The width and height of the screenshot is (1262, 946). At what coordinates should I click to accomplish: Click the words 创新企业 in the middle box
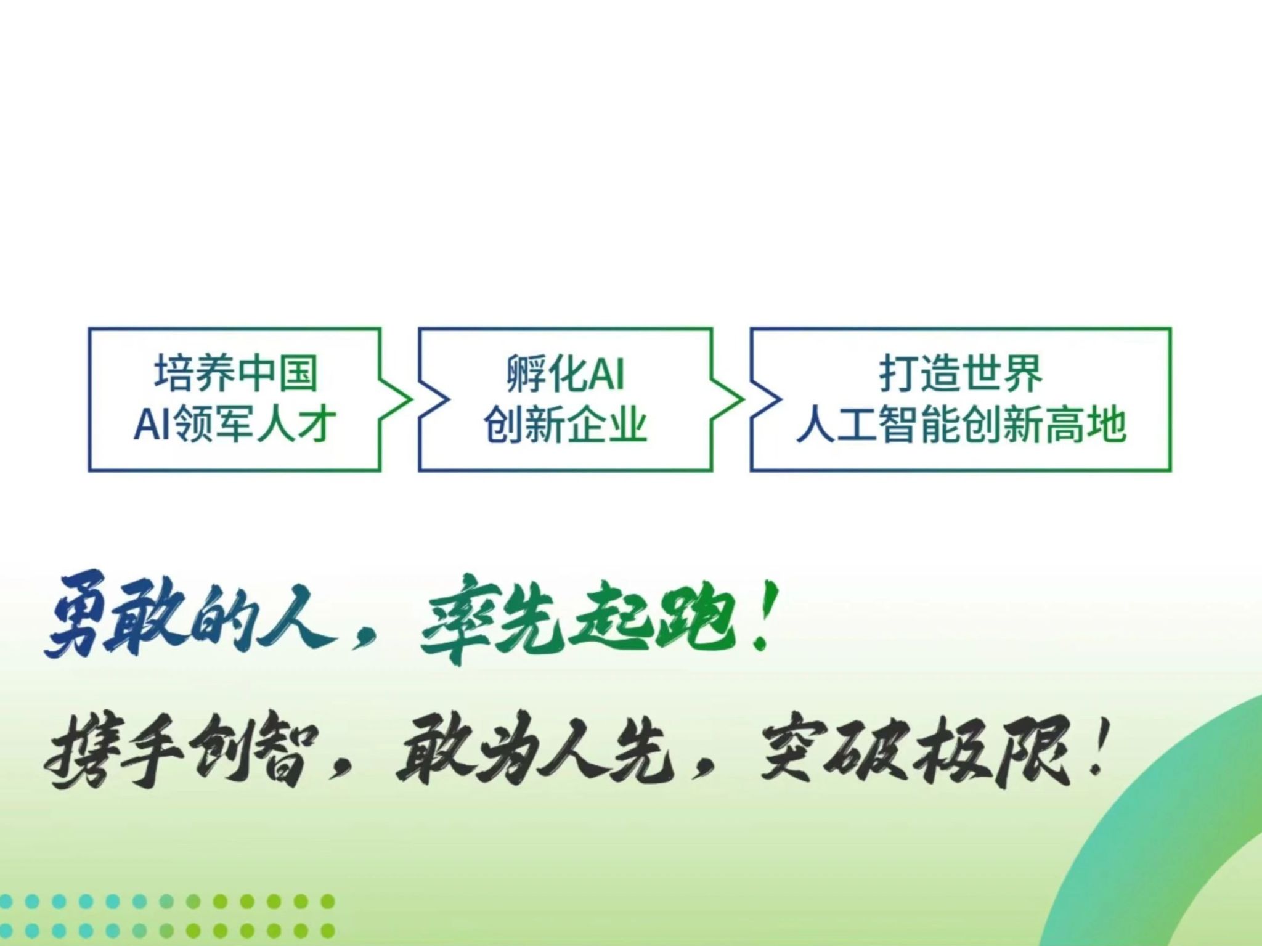(566, 425)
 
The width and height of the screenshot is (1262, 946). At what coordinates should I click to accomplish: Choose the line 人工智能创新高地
(961, 425)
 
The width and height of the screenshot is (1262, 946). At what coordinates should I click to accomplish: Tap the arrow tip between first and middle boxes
(411, 400)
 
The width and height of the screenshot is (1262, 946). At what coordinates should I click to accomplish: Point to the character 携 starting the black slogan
(75, 755)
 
